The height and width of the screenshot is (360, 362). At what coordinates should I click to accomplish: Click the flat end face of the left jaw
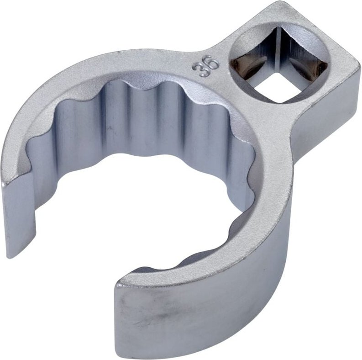(x=21, y=215)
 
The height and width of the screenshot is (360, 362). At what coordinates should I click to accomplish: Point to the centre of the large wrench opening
(x=151, y=201)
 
